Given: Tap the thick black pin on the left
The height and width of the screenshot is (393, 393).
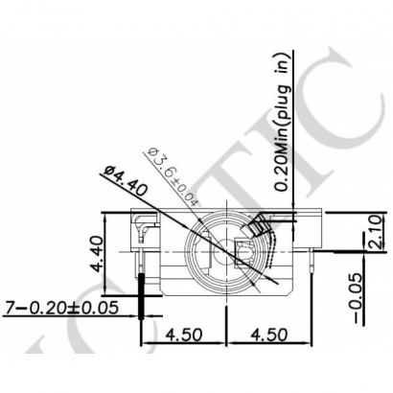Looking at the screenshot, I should pos(144,292).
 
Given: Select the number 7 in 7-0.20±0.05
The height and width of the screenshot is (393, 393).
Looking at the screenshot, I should pos(11,309).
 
